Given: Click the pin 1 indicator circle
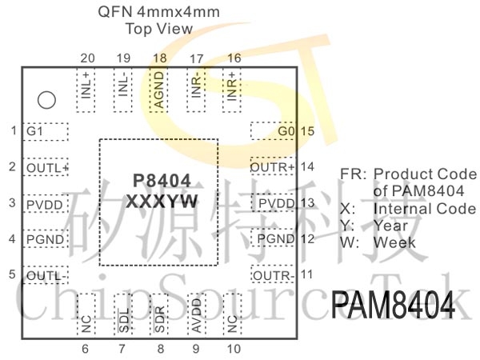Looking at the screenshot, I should [47, 100].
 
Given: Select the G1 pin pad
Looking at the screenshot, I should [46, 131].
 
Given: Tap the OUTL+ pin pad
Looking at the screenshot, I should [46, 167].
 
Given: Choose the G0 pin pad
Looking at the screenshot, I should [274, 131].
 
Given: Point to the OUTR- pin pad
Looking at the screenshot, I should [274, 275].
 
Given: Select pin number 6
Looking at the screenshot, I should [86, 348].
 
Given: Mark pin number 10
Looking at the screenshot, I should [234, 348].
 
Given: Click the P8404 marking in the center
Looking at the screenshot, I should [162, 181].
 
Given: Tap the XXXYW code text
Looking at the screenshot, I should [162, 201].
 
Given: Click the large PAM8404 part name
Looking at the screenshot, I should [393, 306].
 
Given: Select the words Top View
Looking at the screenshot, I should [158, 29].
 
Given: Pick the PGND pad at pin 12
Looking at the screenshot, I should [274, 239].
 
